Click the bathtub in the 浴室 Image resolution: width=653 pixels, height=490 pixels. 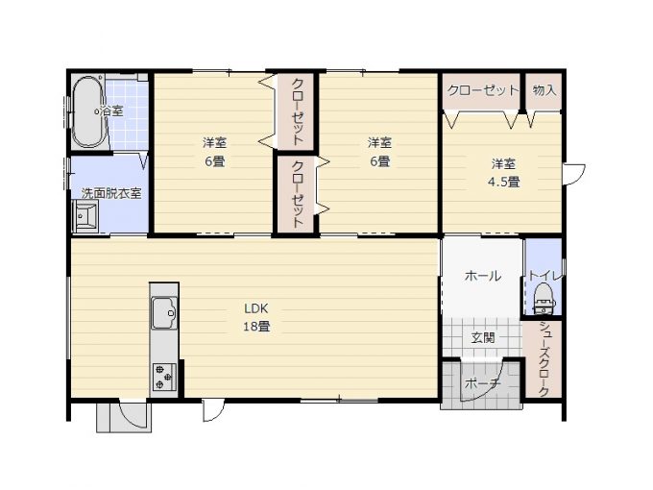click(x=88, y=111)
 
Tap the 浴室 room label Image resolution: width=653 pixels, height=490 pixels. click(x=112, y=111)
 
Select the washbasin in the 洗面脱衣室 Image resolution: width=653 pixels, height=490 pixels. click(x=85, y=216)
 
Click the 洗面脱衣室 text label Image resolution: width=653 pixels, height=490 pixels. click(x=111, y=193)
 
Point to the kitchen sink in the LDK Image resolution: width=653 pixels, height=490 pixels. click(x=164, y=313)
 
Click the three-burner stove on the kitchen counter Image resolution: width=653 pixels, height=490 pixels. click(x=164, y=377)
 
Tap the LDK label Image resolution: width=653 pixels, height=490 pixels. click(x=256, y=308)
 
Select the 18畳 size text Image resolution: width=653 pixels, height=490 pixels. click(x=256, y=327)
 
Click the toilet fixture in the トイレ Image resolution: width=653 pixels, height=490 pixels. click(x=544, y=299)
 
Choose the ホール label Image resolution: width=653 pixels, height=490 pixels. click(x=483, y=276)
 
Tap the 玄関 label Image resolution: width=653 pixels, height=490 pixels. click(x=483, y=337)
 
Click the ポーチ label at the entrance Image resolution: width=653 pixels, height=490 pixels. click(x=483, y=383)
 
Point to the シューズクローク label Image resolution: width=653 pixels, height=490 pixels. click(x=544, y=359)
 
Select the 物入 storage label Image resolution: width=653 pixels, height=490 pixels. click(x=544, y=90)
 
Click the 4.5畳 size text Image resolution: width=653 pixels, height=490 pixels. click(x=503, y=183)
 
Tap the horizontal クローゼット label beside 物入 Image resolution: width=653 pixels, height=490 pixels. click(x=483, y=90)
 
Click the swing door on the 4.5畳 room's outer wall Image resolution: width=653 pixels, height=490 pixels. click(x=573, y=174)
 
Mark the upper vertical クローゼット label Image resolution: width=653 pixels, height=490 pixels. click(x=297, y=111)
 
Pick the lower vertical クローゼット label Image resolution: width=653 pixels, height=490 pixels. click(x=297, y=195)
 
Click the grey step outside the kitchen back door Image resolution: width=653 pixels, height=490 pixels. click(x=124, y=418)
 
